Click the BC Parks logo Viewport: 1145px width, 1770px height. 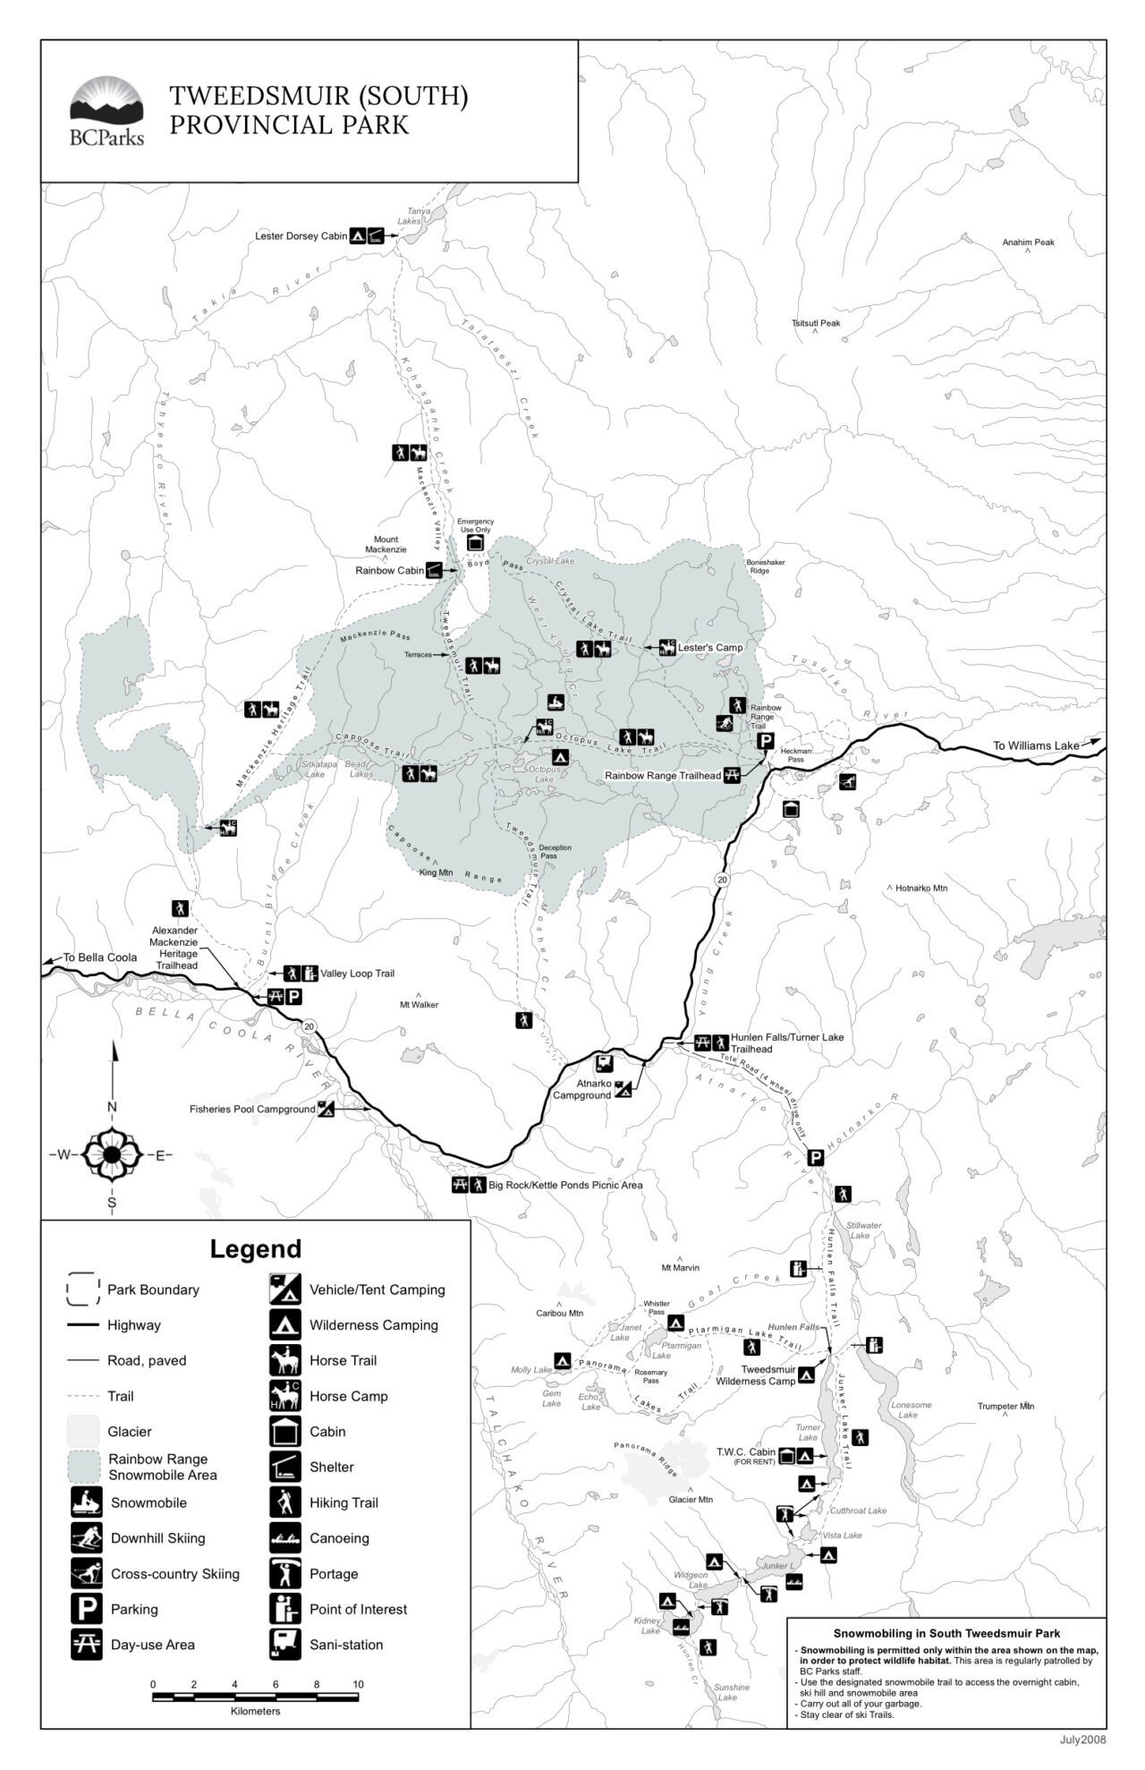[106, 111]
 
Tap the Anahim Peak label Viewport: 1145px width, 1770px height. [1028, 243]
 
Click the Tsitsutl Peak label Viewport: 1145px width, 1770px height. [815, 324]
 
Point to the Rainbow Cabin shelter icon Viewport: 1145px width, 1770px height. [435, 570]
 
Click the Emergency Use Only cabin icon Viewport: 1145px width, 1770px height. [475, 543]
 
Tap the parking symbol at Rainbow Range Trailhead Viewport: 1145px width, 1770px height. [765, 741]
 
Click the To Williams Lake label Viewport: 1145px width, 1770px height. [1036, 745]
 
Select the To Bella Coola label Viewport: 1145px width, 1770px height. [99, 957]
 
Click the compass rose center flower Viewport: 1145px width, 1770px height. [112, 1154]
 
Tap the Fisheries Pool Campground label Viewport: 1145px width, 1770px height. [252, 1109]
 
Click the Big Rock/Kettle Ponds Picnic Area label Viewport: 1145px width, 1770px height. [565, 1185]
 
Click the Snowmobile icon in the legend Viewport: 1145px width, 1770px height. [87, 1502]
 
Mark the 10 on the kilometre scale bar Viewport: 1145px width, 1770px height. [358, 1684]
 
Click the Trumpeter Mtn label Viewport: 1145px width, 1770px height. [1005, 1406]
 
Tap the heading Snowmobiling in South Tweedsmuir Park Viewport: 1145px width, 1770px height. [946, 1633]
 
